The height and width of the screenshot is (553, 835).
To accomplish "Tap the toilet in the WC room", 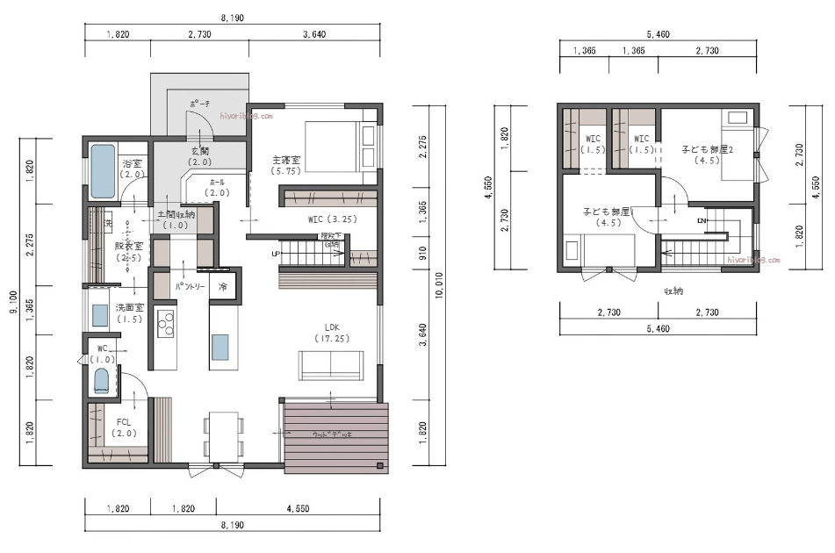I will (101, 382).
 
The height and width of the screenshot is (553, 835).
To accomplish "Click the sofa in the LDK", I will (330, 364).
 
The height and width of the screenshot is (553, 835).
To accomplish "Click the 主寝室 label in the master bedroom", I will (286, 161).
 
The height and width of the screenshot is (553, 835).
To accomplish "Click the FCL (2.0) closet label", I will (124, 427).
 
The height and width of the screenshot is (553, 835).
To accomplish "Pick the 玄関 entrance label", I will (199, 156).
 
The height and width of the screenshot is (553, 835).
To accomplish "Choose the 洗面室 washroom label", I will (131, 312).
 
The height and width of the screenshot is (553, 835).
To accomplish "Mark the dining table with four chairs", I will (224, 435).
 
